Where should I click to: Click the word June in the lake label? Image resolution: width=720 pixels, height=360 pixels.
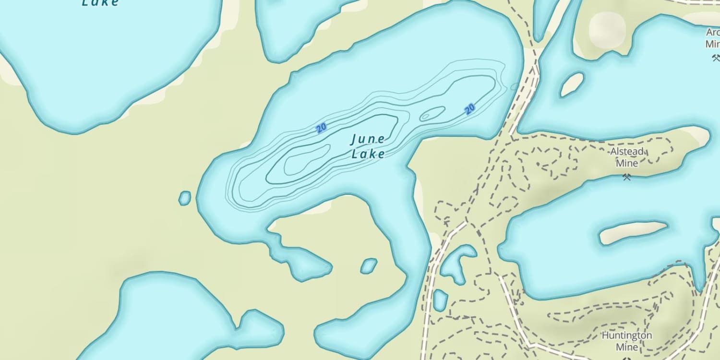tap(368, 140)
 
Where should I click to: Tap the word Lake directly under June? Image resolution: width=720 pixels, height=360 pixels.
tap(368, 154)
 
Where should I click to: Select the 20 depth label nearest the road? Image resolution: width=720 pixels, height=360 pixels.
tap(470, 109)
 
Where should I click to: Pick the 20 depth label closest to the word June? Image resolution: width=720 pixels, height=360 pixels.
tap(321, 128)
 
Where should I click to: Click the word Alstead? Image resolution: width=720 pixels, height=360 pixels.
tap(626, 152)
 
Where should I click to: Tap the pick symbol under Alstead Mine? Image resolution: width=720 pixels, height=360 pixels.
tap(626, 177)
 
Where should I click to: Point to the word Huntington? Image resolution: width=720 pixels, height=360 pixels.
tap(627, 336)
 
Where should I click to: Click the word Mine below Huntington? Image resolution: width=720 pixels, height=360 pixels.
tap(627, 347)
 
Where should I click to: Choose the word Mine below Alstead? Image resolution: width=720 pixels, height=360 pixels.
tap(627, 163)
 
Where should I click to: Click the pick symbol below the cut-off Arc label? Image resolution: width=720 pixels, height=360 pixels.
tap(716, 58)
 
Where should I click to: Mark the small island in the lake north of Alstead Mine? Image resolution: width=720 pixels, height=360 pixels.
tap(572, 84)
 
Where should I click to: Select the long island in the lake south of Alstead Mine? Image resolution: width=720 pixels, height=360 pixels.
tap(633, 232)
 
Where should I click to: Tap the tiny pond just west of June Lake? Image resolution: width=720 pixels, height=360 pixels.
tap(185, 198)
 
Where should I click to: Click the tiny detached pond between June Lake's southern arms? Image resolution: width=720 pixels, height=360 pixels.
tap(369, 265)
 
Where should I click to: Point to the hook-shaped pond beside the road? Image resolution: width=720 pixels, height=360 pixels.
tap(456, 262)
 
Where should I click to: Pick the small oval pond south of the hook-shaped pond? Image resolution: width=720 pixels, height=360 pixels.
tap(440, 300)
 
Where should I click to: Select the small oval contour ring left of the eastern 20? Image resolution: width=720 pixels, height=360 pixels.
tap(432, 114)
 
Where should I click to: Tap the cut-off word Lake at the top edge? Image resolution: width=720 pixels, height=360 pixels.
tap(100, 3)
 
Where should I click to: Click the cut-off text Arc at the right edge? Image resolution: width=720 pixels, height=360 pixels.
tap(713, 33)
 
